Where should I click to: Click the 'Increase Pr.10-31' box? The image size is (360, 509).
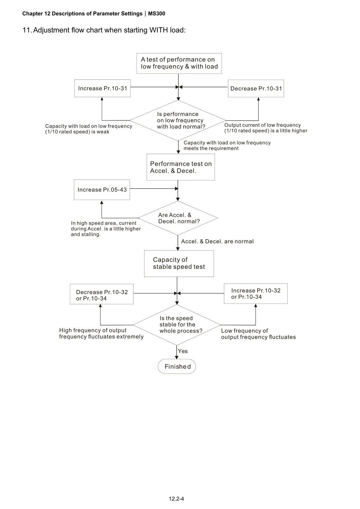pos(102,88)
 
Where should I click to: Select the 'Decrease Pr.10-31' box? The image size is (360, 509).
pos(256,88)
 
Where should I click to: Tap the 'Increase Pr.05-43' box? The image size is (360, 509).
pos(102,190)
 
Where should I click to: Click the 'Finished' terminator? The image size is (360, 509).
pos(177,366)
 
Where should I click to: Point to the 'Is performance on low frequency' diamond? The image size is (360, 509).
pos(178,120)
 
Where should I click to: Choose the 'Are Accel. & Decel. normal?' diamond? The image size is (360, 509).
pos(178,218)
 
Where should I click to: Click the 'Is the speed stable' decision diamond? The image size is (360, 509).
pos(177,325)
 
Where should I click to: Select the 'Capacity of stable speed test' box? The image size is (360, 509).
pos(179,263)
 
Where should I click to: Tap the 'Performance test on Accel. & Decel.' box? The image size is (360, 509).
pos(181,167)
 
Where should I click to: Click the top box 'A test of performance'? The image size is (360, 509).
pos(179,63)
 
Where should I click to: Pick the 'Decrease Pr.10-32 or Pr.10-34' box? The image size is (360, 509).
pos(102,294)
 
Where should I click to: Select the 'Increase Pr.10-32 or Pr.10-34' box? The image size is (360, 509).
pos(256,294)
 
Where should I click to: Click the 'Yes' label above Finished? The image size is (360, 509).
pos(183,351)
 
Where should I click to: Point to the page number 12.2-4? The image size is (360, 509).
pos(176,499)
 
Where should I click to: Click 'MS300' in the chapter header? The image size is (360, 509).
pos(157,14)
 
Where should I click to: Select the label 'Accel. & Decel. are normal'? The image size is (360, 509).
pos(217,241)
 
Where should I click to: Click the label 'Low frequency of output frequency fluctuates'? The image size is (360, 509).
pos(258,334)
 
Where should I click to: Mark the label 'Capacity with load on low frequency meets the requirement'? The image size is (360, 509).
pos(227,145)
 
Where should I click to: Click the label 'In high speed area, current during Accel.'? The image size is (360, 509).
pos(106,229)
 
